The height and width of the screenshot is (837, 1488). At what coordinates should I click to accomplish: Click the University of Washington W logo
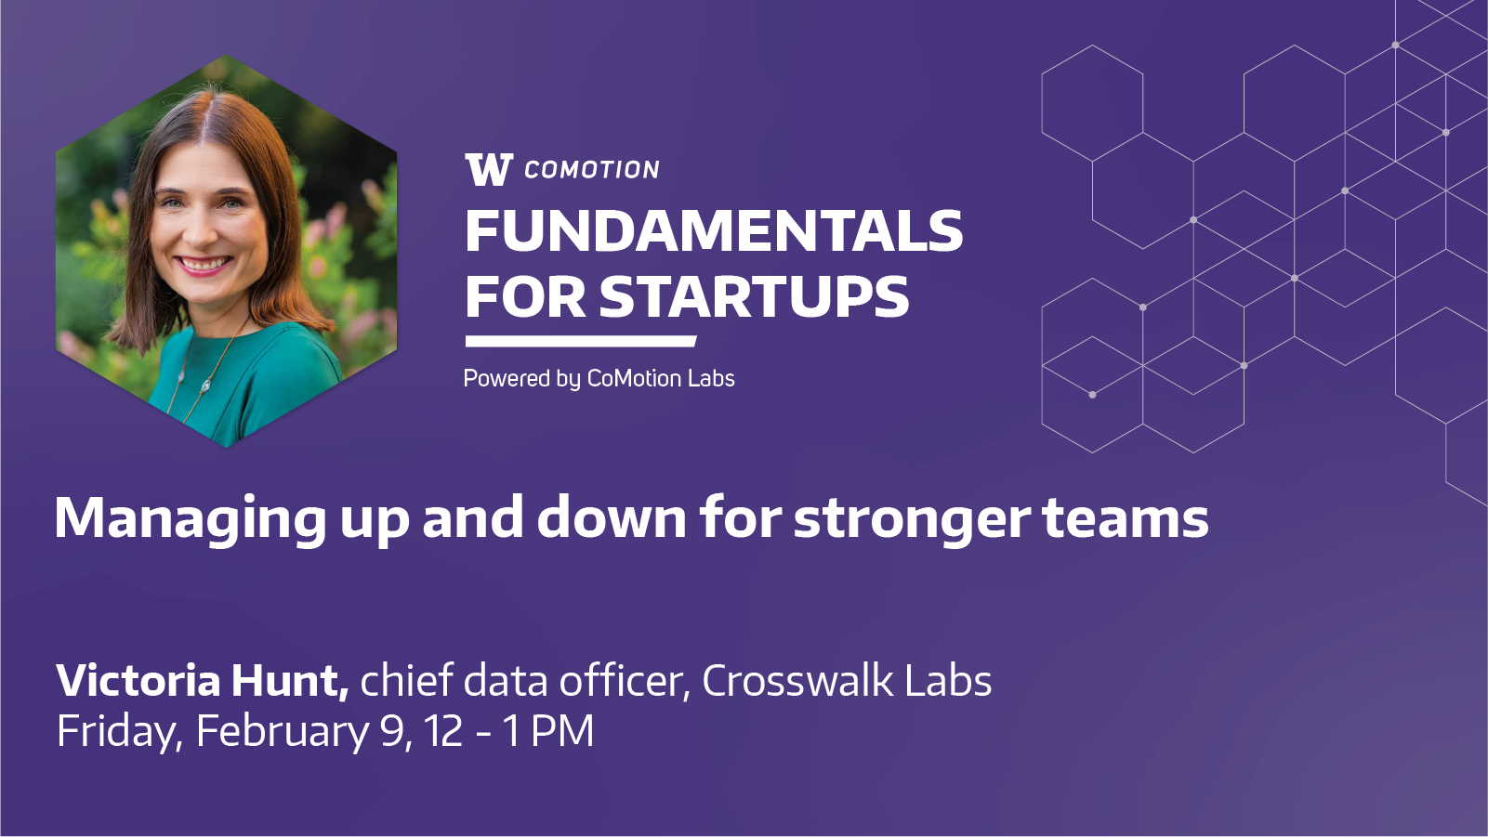point(489,169)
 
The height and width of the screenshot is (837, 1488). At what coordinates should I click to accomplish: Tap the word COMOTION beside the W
point(592,170)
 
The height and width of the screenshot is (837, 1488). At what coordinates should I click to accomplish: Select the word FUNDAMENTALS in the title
point(714,231)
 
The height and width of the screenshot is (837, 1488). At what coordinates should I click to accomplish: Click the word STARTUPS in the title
point(754,296)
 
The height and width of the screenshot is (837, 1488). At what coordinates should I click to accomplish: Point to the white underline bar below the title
point(581,341)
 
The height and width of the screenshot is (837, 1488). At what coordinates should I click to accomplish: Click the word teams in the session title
point(1126,518)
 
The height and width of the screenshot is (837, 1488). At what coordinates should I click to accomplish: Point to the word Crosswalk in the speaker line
point(797,680)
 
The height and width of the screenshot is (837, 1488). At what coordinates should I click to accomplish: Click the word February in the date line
point(283,731)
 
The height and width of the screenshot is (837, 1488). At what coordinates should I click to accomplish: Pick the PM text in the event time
point(562,731)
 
